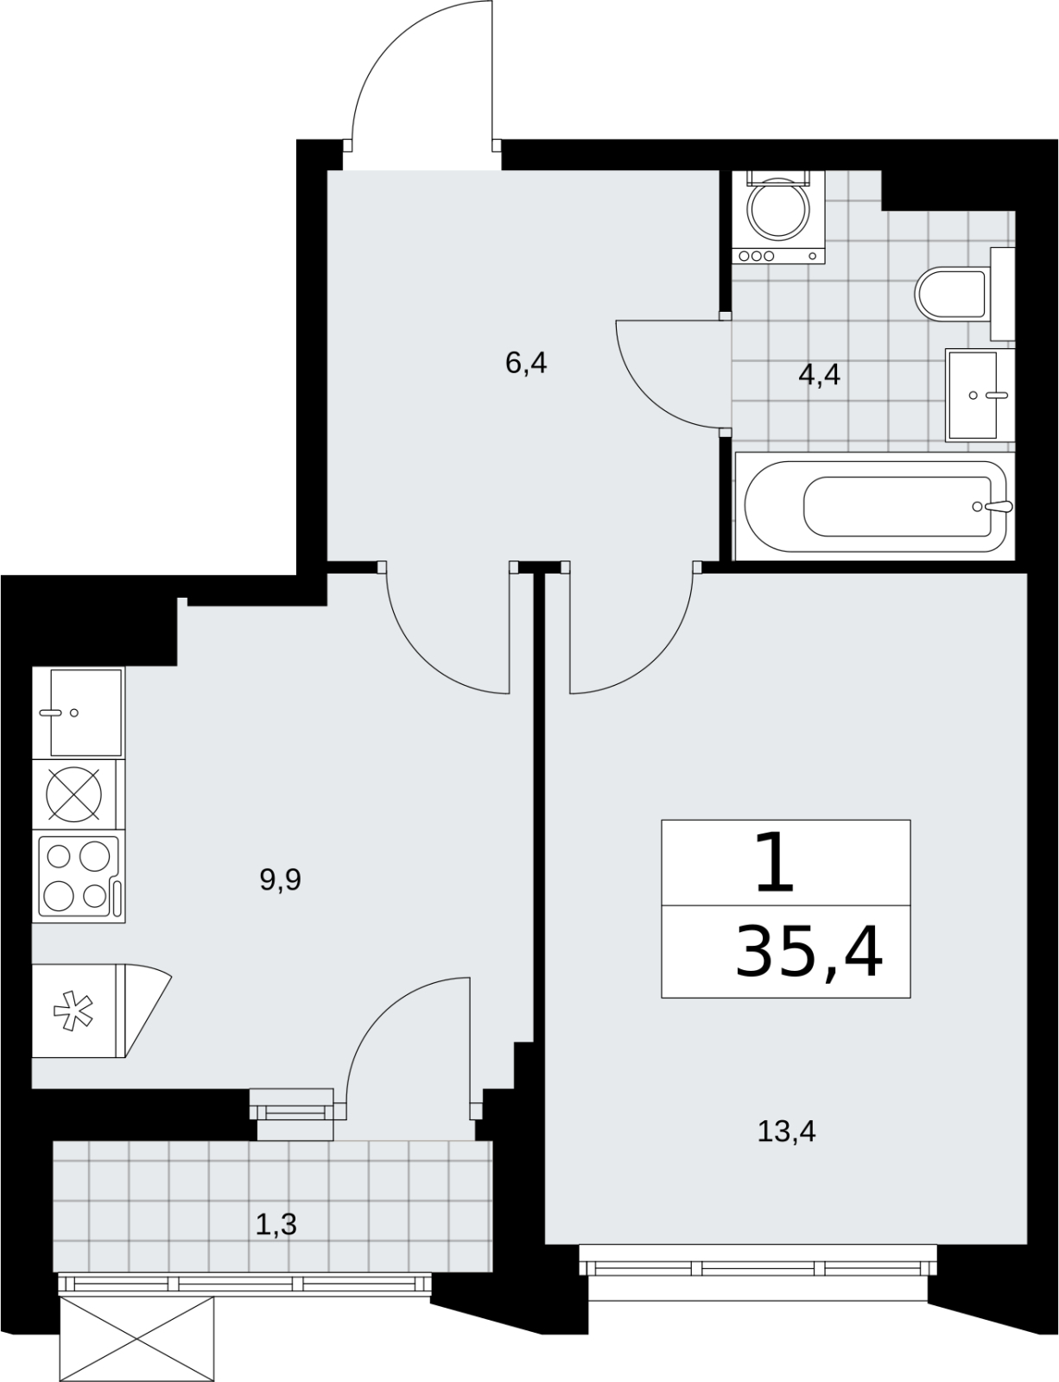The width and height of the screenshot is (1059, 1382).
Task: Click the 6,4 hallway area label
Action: coord(526,363)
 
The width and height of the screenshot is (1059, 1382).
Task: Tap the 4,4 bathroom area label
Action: coord(819,375)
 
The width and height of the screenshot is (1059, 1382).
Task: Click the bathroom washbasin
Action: coord(980,395)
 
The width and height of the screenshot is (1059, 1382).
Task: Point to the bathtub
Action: coord(874,506)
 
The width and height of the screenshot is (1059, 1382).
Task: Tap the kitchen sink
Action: coord(79,713)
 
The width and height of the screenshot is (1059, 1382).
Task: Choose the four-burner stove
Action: coord(79,877)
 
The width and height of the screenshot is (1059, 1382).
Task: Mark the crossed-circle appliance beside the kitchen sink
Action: coord(74,795)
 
